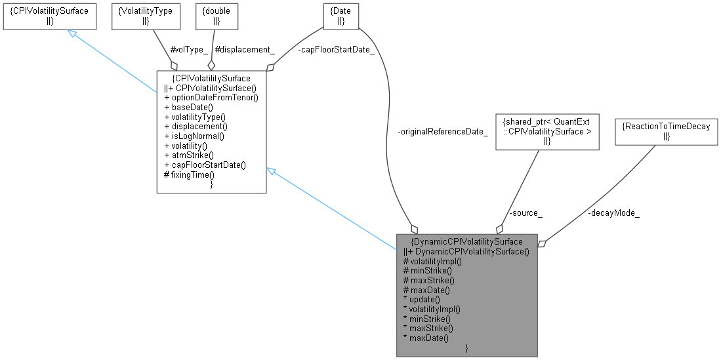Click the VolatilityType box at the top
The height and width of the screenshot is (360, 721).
137,16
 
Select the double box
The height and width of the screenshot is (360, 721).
217,16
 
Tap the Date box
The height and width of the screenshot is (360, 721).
341,16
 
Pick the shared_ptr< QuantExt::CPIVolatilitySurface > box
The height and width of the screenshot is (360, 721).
547,131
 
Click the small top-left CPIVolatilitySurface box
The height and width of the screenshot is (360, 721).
49,16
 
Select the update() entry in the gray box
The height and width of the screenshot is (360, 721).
424,299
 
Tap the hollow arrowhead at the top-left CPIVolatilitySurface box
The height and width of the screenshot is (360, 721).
73,33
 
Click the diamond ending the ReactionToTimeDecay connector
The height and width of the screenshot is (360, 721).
542,243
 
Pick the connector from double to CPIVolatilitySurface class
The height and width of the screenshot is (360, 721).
214,46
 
